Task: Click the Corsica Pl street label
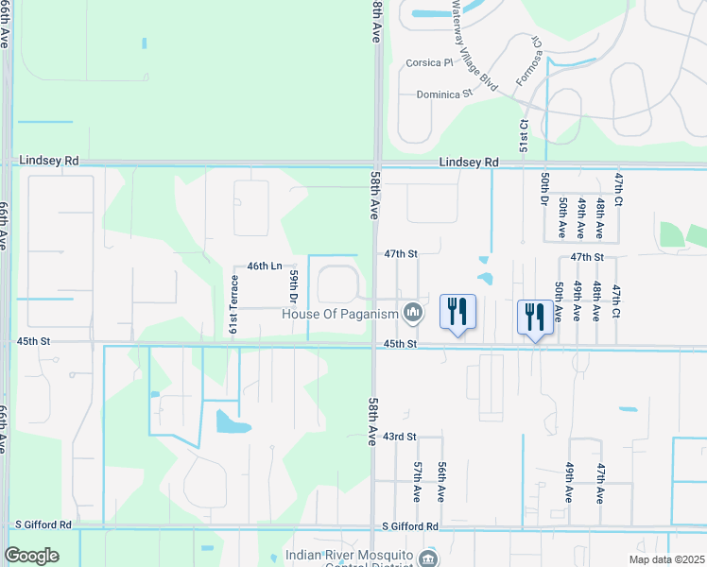point(430,63)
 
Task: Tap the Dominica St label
point(444,94)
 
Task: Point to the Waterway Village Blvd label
point(474,44)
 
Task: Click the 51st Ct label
point(523,136)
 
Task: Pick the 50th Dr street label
point(545,187)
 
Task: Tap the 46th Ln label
point(265,266)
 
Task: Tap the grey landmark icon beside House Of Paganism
point(412,311)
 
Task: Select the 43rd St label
point(400,437)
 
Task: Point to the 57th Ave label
point(417,482)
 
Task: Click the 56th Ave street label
point(441,482)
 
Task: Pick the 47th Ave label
point(600,482)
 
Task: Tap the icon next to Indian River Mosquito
point(431,557)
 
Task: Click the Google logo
point(31,555)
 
